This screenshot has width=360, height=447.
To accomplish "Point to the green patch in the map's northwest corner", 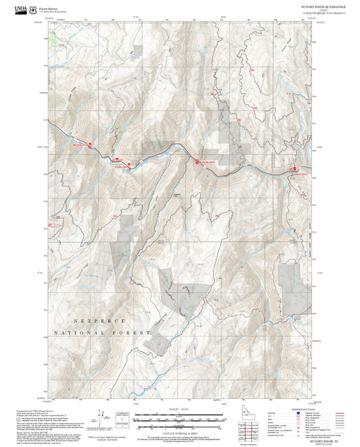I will click(x=52, y=38).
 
